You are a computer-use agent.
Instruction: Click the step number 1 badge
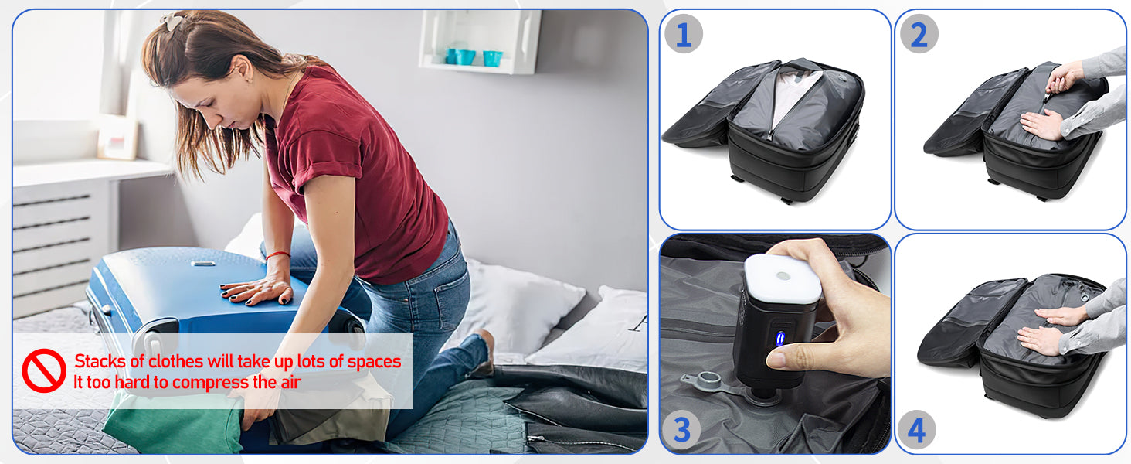pos(684,34)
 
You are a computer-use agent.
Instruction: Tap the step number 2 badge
pos(919,34)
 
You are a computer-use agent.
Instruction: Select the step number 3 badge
pos(681,430)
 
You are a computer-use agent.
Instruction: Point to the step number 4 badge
pos(916,430)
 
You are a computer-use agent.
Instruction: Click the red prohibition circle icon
pos(44,370)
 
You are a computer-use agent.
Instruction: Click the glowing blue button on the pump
pos(780,338)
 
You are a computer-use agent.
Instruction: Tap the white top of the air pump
pos(783,278)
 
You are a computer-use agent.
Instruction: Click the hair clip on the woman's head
pos(174,21)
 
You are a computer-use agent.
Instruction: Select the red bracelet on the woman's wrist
pos(277,254)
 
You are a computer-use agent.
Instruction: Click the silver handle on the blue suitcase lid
pos(203,264)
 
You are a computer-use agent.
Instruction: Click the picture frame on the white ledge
pos(117,136)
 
